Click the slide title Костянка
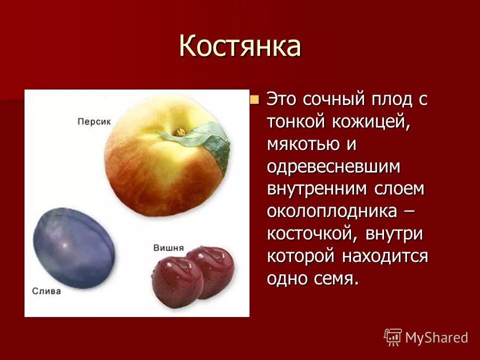tap(240, 46)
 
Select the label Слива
tap(46, 291)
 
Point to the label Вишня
tap(168, 247)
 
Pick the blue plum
tap(74, 248)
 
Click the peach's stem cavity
tap(178, 132)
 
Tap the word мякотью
tap(304, 144)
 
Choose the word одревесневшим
tap(333, 166)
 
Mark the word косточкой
tap(313, 234)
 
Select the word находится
tap(385, 256)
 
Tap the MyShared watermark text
tap(436, 337)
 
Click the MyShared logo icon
tap(393, 337)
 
